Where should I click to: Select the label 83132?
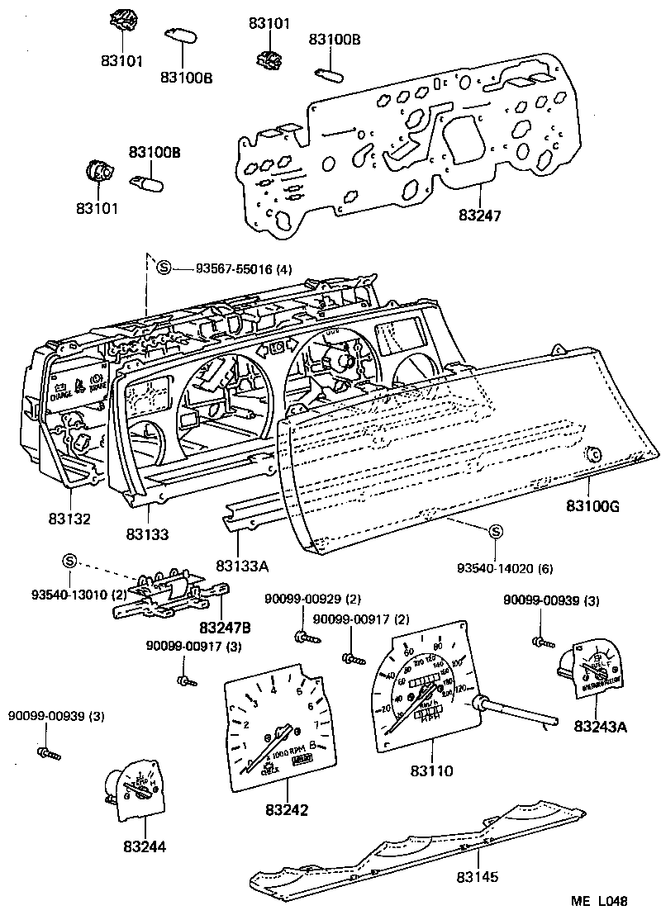[x=69, y=519]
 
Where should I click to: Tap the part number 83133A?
[x=240, y=566]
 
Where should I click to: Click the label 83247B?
[x=225, y=628]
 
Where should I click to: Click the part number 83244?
[x=145, y=847]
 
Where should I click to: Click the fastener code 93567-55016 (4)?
[x=245, y=268]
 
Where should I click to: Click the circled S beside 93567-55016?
[x=164, y=268]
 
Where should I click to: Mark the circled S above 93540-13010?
[x=69, y=562]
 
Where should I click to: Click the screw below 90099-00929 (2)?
[x=301, y=635]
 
